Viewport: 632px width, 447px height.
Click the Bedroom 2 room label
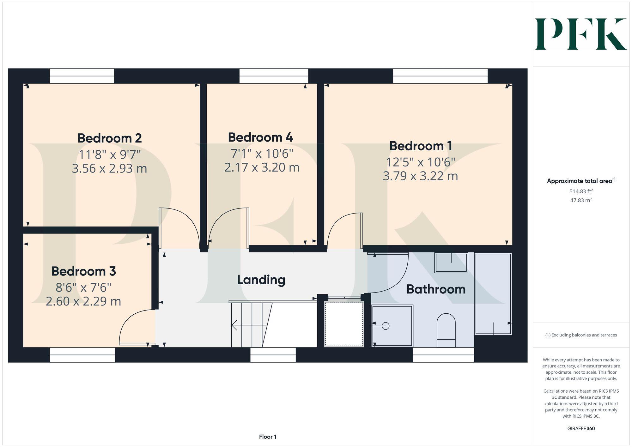[110, 138]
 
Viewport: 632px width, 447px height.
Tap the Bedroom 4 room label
[261, 137]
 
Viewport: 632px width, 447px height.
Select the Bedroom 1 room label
[421, 146]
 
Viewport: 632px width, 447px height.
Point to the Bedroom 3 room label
[84, 271]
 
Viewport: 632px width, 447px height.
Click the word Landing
[261, 280]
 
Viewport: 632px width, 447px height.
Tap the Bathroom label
[436, 289]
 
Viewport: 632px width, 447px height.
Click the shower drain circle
[386, 326]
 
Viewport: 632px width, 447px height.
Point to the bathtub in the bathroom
[493, 294]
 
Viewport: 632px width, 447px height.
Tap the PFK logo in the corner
[581, 34]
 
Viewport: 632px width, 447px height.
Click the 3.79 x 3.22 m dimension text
[420, 176]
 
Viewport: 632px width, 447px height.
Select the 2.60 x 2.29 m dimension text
[83, 301]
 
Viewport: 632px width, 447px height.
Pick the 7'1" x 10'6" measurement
[262, 154]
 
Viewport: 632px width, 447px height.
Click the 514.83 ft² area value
[581, 191]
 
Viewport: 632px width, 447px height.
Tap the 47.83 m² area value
[581, 200]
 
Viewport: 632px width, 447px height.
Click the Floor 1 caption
[268, 437]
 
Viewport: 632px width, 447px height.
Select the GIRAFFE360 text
[581, 429]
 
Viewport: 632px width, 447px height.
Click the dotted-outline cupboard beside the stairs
[344, 324]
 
